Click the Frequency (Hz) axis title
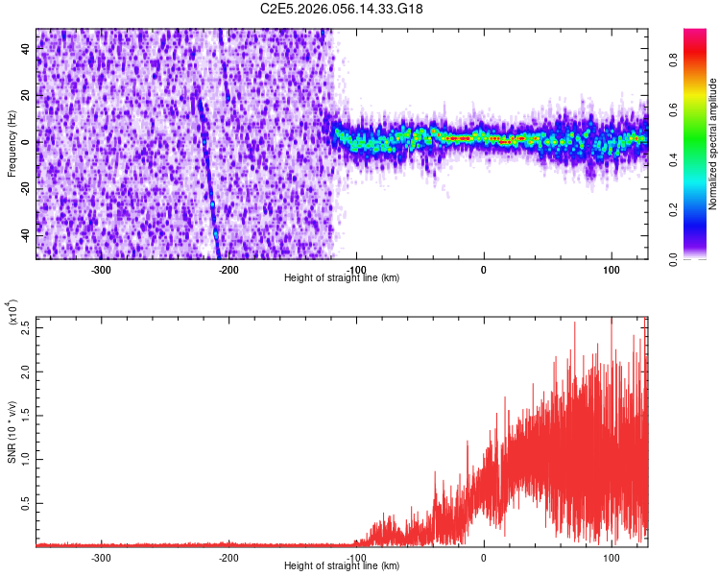[x=12, y=143]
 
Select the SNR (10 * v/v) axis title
[x=12, y=431]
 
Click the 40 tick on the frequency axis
[x=27, y=50]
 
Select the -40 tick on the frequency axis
[x=25, y=234]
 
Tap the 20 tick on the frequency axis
[x=27, y=96]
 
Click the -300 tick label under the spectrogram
[x=102, y=270]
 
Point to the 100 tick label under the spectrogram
[x=611, y=270]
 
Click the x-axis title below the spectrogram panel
[x=342, y=278]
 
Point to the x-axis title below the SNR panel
[x=342, y=566]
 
